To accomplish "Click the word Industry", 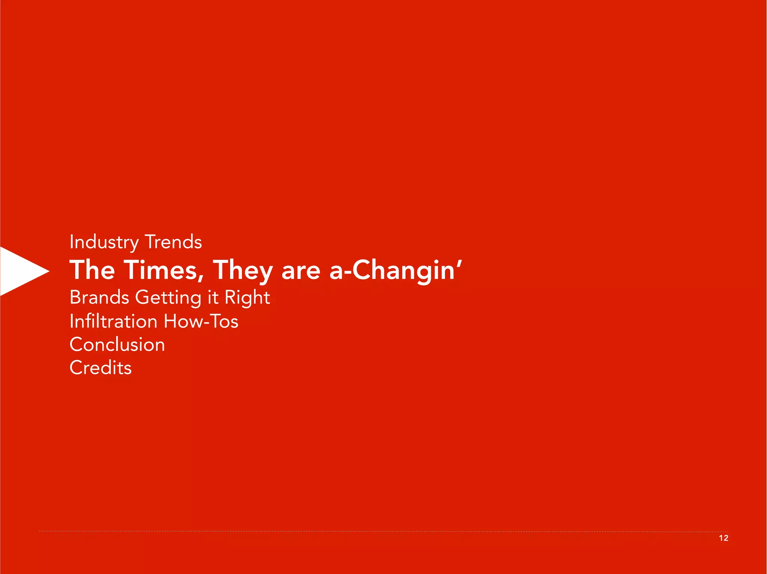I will point(104,242).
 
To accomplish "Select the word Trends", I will point(173,242).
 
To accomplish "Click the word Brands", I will point(99,297).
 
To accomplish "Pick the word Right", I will point(247,298).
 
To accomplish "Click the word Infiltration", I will point(113,321).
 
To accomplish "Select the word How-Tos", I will point(201,321).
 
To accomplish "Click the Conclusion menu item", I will point(117,345).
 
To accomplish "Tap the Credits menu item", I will point(100,368).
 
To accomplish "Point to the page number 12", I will point(724,538).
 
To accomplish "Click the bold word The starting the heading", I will point(92,270).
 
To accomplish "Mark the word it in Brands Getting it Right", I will point(213,297).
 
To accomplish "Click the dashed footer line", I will point(375,531).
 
